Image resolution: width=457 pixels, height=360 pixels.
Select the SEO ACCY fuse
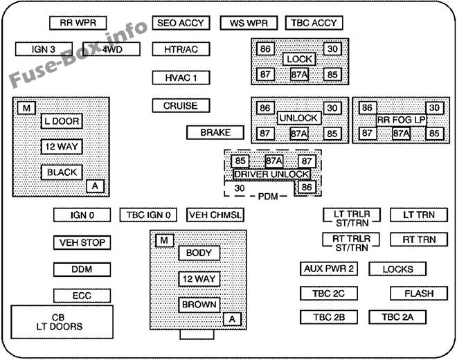coord(181,23)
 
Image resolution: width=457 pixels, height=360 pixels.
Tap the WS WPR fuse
coord(249,23)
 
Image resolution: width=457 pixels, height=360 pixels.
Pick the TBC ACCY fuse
coord(314,23)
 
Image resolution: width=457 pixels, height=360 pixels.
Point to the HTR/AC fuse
coord(181,50)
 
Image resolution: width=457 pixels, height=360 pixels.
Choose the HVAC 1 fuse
coord(181,78)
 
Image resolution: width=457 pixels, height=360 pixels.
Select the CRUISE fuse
coord(181,106)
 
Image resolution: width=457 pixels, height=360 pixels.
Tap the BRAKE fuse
coord(215,132)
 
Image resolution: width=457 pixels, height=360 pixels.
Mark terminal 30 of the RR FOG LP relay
coord(435,108)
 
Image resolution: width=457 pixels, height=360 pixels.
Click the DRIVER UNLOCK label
coord(271,174)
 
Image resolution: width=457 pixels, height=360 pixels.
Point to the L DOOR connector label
coord(62,121)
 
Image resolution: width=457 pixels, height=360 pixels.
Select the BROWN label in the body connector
coord(199,305)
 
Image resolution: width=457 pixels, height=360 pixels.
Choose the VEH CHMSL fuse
coord(215,215)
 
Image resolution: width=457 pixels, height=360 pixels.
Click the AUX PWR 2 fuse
coord(329,269)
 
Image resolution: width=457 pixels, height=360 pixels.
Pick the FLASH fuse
coord(418,294)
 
